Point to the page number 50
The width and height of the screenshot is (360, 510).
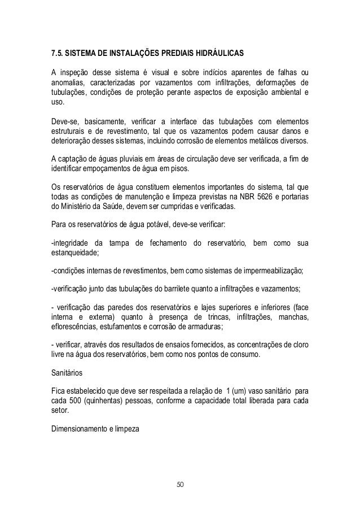(181, 484)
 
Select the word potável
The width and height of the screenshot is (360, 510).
(161, 225)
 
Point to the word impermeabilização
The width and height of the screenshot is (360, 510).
(269, 271)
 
